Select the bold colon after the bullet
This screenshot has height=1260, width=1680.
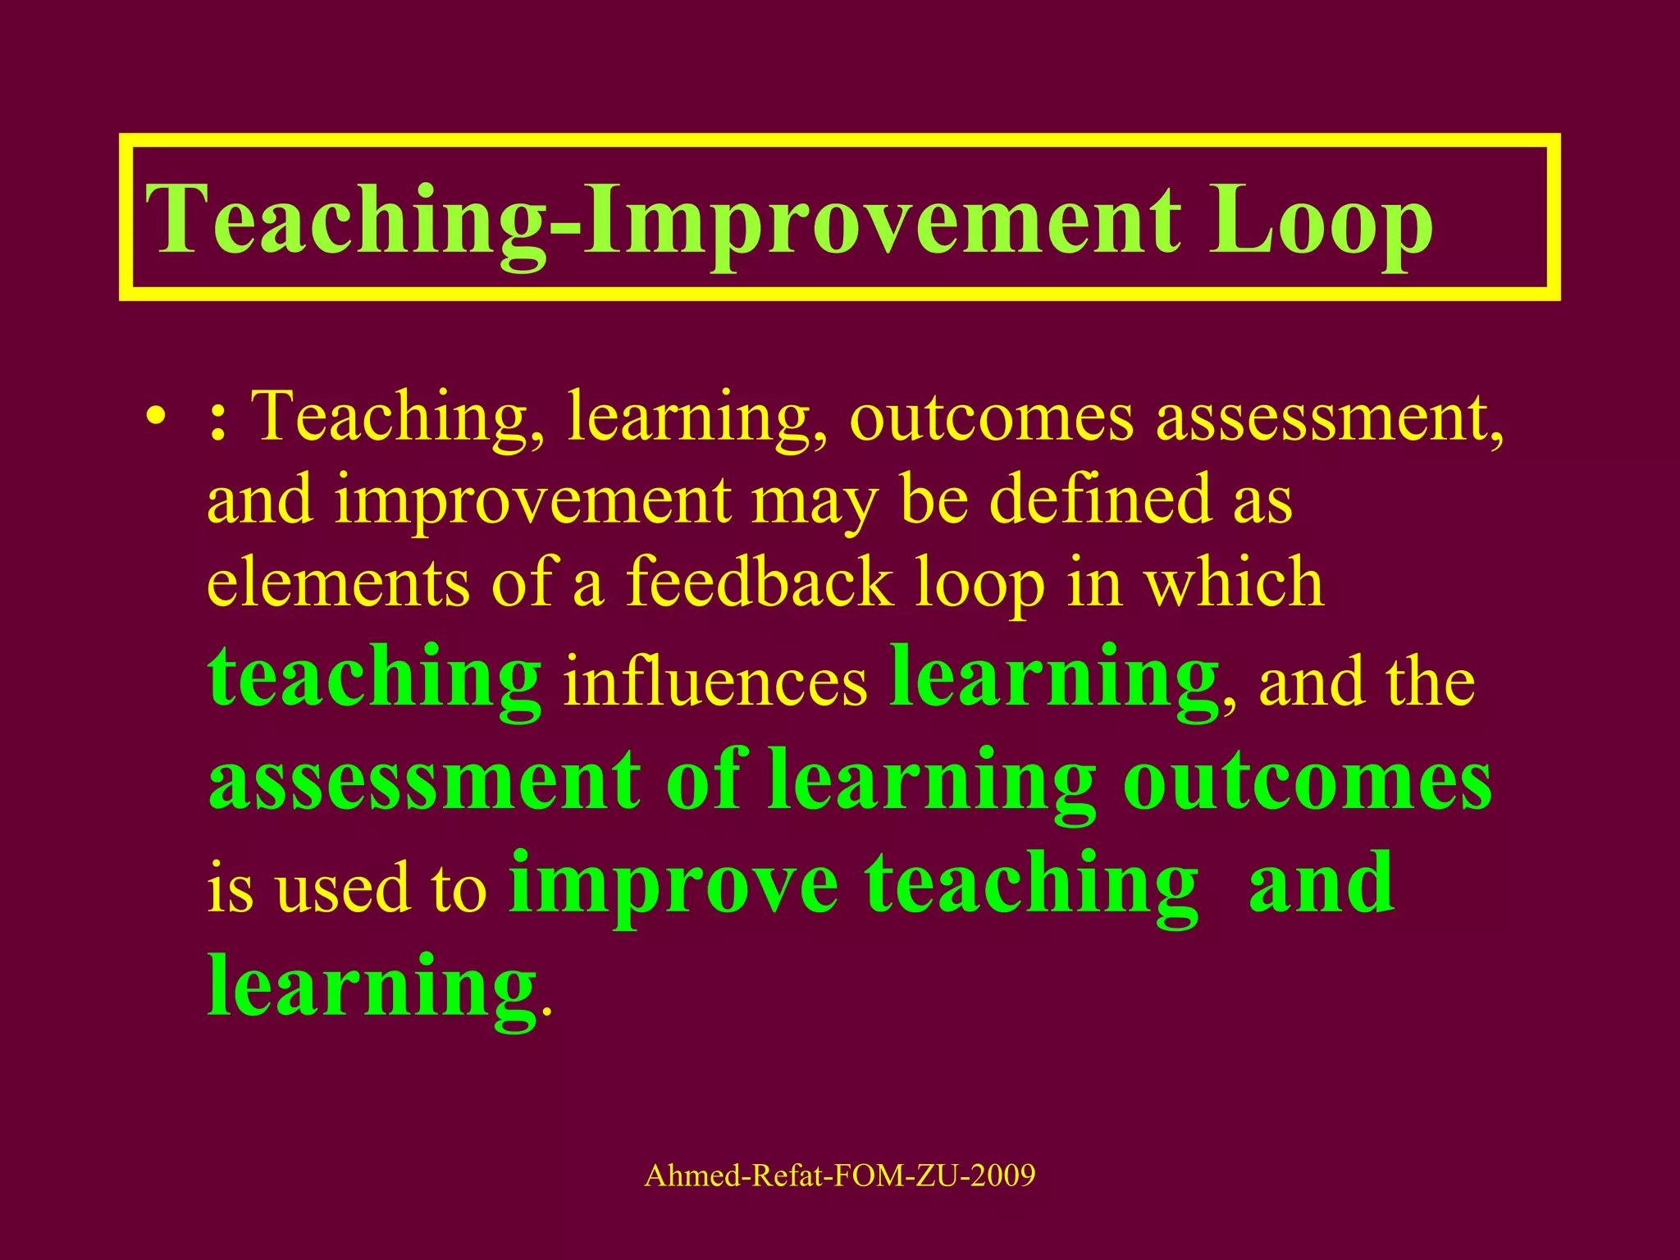[217, 418]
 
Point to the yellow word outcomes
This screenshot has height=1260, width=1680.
[992, 417]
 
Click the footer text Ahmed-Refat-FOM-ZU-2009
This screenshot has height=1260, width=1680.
[840, 1176]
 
